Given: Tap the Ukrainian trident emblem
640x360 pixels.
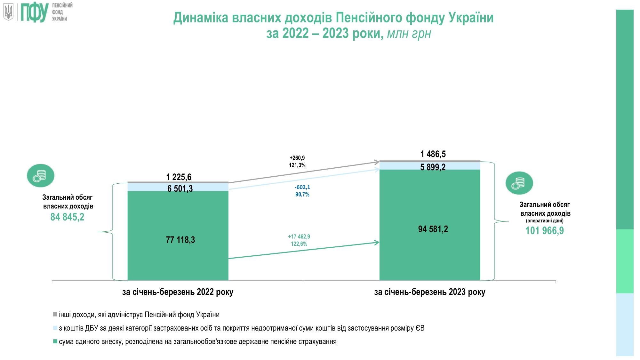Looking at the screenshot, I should (8, 12).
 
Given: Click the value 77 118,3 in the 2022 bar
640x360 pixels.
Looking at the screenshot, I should (180, 240).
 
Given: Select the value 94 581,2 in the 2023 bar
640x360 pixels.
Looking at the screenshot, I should (433, 229).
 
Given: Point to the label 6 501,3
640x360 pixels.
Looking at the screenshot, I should (180, 188).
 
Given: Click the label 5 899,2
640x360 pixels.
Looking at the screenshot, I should (433, 167).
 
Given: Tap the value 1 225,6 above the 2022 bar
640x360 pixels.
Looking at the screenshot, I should (179, 177).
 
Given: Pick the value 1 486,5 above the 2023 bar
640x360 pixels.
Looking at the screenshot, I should (433, 154).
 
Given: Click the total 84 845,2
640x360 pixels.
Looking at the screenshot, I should (67, 217).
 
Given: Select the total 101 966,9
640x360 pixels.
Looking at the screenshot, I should (544, 230).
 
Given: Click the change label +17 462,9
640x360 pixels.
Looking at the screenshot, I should (299, 237).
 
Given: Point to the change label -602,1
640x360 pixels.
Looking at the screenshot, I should (302, 187).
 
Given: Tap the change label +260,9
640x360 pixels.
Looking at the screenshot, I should (297, 158).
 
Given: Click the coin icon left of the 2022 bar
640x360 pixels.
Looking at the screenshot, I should (41, 176).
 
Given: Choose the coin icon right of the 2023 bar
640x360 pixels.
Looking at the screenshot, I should (519, 183).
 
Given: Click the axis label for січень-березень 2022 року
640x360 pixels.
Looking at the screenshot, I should (178, 292).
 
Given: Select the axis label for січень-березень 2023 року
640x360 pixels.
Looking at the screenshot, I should (429, 292).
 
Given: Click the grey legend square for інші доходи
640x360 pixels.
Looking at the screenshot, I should (55, 315).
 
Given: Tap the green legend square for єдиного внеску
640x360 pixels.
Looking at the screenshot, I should (55, 342).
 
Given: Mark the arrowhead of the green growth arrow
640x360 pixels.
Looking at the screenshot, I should (377, 242).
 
